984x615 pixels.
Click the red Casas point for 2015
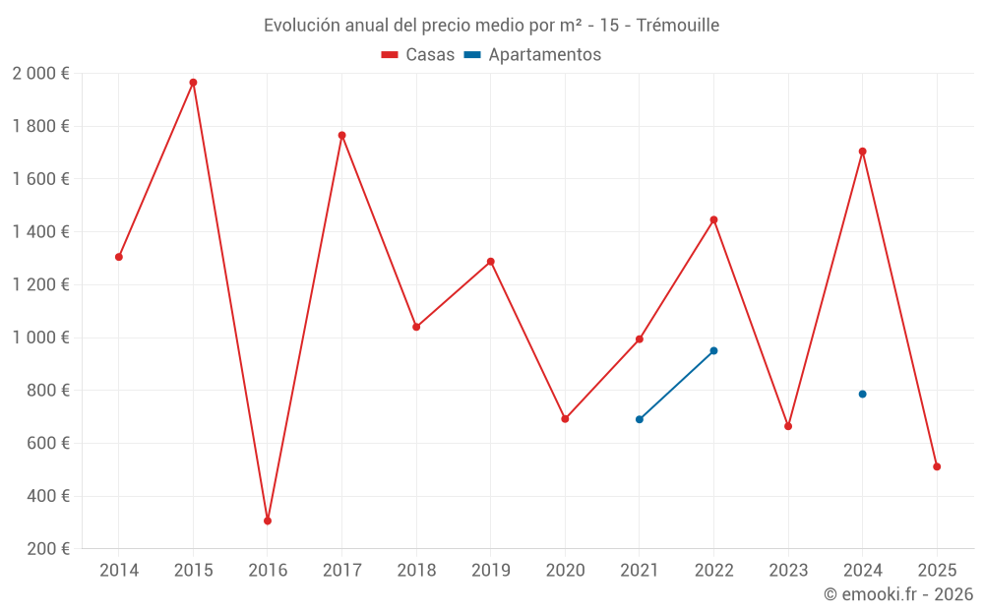[x=193, y=83]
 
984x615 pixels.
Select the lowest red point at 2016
[x=268, y=521]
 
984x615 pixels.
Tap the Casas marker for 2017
[x=341, y=135]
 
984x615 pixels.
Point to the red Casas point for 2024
[x=862, y=152]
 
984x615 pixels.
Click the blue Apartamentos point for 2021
[x=640, y=419]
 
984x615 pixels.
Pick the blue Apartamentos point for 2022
[x=713, y=350]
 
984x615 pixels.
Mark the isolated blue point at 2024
[x=862, y=394]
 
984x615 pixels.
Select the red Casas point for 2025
[x=937, y=466]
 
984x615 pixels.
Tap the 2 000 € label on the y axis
[x=40, y=74]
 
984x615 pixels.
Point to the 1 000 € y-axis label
[x=40, y=338]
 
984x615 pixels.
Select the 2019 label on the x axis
[x=490, y=570]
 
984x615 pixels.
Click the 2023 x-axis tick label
[x=788, y=570]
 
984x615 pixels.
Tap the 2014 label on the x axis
[x=119, y=570]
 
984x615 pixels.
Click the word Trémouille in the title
[x=678, y=25]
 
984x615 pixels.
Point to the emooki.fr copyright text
[x=897, y=594]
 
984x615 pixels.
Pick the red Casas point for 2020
[x=565, y=419]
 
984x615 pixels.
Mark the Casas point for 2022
[x=713, y=219]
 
